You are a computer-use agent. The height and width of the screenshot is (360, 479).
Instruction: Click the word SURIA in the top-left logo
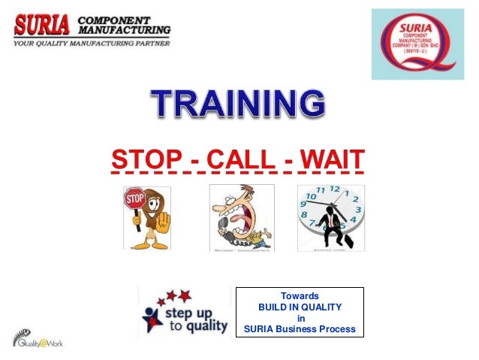tap(43, 24)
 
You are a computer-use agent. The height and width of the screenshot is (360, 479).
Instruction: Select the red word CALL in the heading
tap(239, 159)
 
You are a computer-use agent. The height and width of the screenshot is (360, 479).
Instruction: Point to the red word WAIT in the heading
tap(330, 159)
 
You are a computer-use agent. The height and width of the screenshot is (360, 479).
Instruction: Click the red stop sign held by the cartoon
tap(134, 201)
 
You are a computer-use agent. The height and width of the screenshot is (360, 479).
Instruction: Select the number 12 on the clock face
tap(334, 190)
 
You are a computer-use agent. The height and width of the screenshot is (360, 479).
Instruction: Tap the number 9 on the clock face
tap(303, 213)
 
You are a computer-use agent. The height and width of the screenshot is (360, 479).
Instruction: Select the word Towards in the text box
tap(299, 296)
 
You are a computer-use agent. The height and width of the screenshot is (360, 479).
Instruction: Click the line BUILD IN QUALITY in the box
tap(299, 307)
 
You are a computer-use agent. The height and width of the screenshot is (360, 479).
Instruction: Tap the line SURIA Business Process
tap(299, 329)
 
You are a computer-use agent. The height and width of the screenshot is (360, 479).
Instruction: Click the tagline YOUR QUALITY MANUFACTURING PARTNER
tap(90, 44)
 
